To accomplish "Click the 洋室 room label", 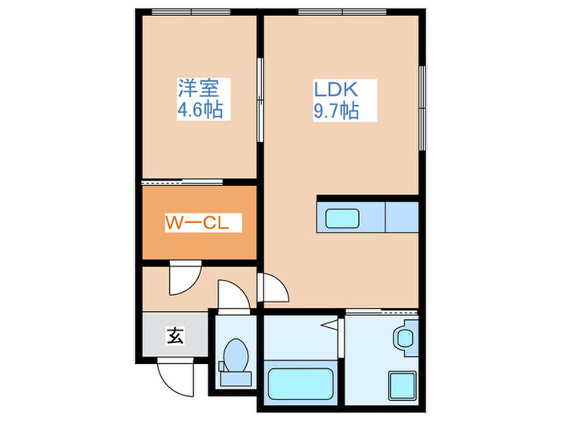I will [x=200, y=87].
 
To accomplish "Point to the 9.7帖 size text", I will [x=335, y=111].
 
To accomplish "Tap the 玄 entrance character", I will [x=175, y=335].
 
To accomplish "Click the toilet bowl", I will [x=236, y=354].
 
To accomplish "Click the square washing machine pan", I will [x=400, y=383].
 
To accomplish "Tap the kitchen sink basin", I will [x=343, y=218].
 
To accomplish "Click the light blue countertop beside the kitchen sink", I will [x=402, y=218].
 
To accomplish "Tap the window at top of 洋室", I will [x=200, y=11].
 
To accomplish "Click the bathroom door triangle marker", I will [x=329, y=325].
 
